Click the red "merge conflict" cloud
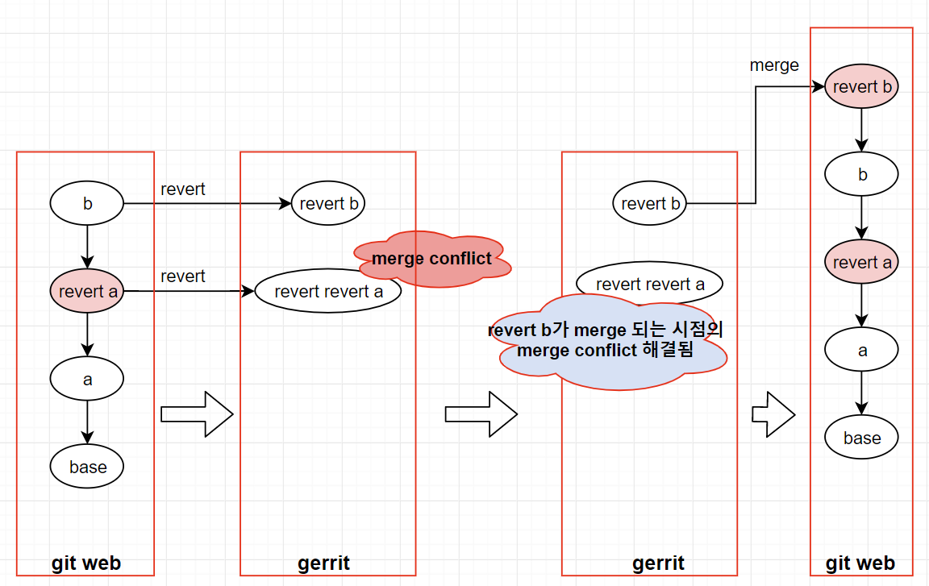(x=431, y=259)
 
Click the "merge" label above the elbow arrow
(x=774, y=65)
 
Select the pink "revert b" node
(x=861, y=86)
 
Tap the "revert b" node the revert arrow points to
(x=328, y=204)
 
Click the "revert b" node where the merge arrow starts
(x=650, y=204)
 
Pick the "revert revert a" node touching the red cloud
(x=327, y=291)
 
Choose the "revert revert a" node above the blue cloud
(x=649, y=284)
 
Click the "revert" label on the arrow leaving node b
(x=183, y=189)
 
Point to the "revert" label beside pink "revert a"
(x=183, y=276)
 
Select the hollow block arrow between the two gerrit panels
(x=481, y=414)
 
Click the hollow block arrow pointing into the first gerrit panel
(x=197, y=414)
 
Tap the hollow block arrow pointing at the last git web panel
(x=773, y=414)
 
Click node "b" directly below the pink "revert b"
(x=861, y=175)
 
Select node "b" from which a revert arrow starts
(x=87, y=204)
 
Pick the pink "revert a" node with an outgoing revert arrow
(x=87, y=291)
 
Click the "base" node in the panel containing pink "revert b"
(x=861, y=438)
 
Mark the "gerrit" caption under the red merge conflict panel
(x=323, y=563)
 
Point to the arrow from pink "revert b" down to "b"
(x=861, y=129)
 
